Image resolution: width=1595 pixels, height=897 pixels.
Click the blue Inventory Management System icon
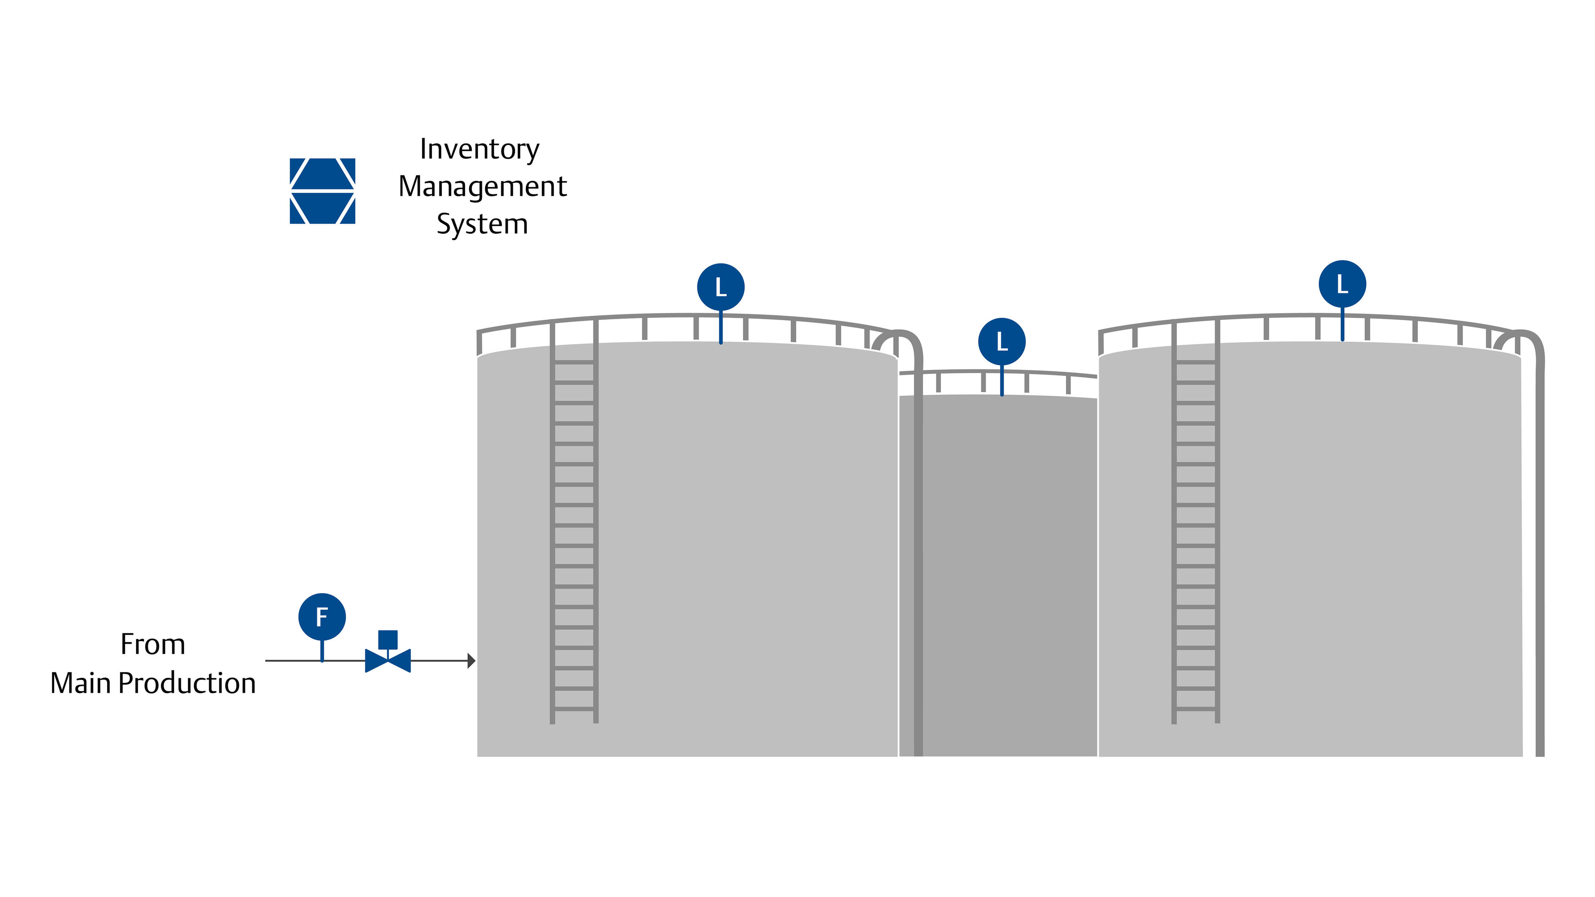click(x=322, y=191)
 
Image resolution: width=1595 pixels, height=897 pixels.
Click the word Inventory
click(x=479, y=149)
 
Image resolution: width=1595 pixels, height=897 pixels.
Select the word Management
click(x=482, y=186)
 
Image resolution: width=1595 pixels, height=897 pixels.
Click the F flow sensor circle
click(x=322, y=617)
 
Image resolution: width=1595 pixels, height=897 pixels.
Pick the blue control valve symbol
click(x=388, y=661)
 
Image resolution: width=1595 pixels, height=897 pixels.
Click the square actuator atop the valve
click(x=388, y=639)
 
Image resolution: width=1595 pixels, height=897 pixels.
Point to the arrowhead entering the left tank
click(x=471, y=661)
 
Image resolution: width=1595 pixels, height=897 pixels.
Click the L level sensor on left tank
click(x=721, y=287)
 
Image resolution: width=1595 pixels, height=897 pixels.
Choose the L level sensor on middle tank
click(x=1002, y=342)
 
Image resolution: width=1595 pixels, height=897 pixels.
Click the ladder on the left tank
click(x=574, y=526)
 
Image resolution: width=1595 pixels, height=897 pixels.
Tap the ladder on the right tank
click(x=1195, y=526)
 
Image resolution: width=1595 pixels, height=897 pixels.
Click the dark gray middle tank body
click(x=1009, y=576)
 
